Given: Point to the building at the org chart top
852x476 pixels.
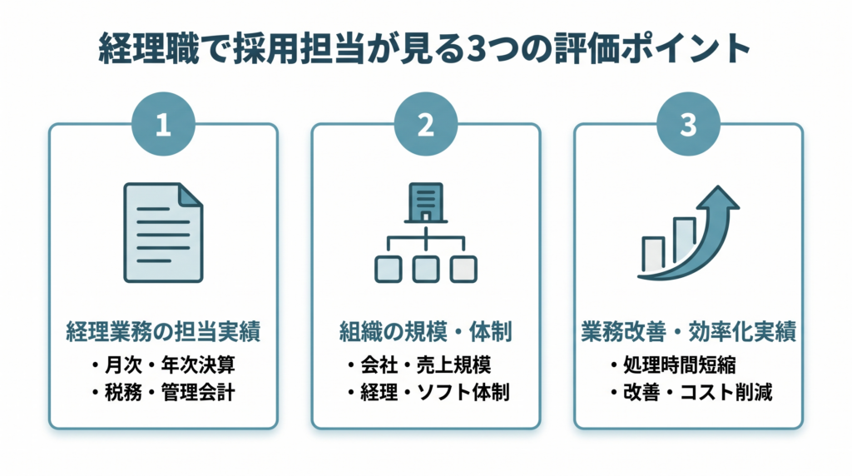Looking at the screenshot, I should tap(425, 201).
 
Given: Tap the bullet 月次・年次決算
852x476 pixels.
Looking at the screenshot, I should tap(163, 364).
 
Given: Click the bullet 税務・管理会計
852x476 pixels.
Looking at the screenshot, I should tap(163, 391).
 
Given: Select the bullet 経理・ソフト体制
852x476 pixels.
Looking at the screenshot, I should tap(425, 391).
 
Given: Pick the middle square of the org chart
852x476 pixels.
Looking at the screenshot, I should tap(425, 268).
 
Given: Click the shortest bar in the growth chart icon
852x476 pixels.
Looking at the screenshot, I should tap(653, 254).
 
